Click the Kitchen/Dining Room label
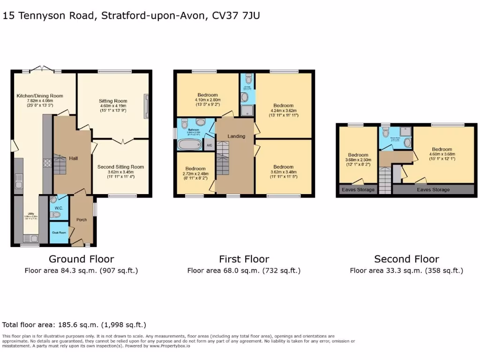click(40, 96)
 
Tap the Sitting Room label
click(113, 101)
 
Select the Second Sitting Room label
click(120, 167)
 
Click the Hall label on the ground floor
click(73, 158)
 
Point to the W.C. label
click(59, 208)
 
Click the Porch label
click(82, 219)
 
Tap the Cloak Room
click(59, 232)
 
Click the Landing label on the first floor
click(236, 136)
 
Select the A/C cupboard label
click(209, 145)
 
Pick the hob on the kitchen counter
click(47, 163)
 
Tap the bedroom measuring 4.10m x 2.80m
click(208, 95)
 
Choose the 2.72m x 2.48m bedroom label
click(195, 169)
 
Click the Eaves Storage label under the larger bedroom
click(433, 190)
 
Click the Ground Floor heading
click(82, 259)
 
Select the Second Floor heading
click(406, 259)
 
